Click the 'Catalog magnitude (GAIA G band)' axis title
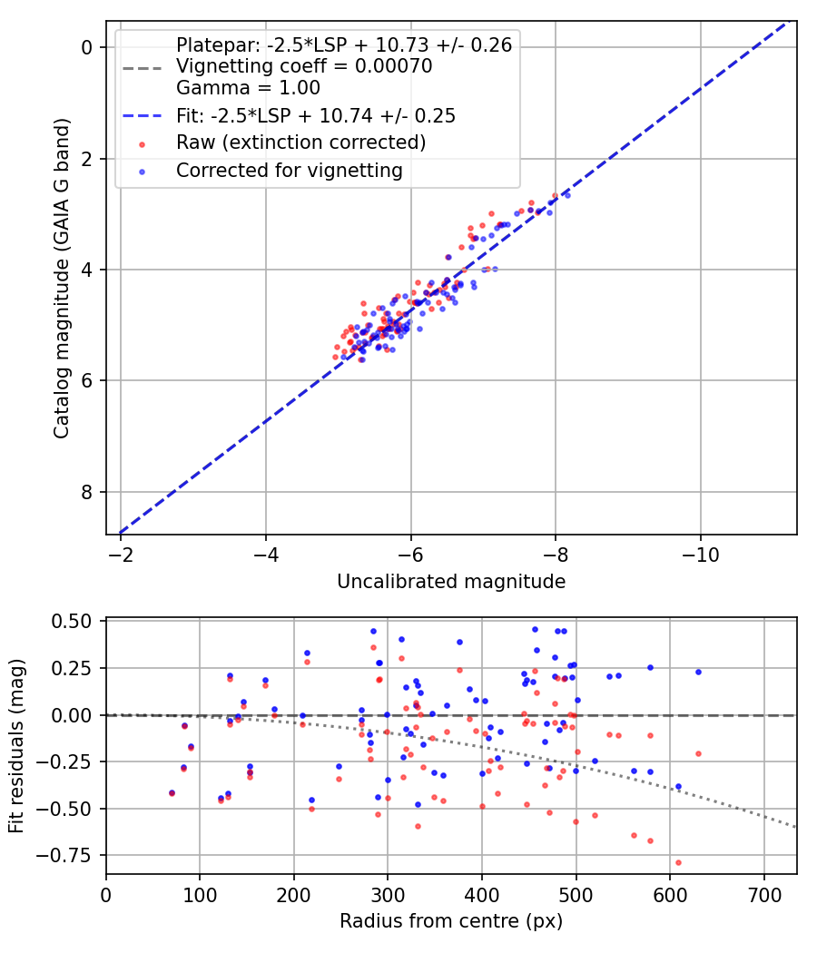(62, 279)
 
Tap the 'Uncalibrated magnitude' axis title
(451, 582)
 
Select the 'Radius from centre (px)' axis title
(451, 921)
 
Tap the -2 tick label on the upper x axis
(121, 555)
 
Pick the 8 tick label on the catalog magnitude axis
(87, 492)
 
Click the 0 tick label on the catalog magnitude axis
(87, 47)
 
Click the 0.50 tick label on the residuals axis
(71, 621)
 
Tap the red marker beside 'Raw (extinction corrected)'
(143, 144)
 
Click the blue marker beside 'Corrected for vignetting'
(143, 172)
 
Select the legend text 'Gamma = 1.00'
(248, 88)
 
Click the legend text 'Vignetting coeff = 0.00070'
(304, 66)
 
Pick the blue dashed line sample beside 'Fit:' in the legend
(143, 116)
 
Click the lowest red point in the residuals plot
(678, 862)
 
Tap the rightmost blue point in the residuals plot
(698, 672)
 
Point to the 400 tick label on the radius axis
(482, 895)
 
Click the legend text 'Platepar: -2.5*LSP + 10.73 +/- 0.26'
(344, 44)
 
